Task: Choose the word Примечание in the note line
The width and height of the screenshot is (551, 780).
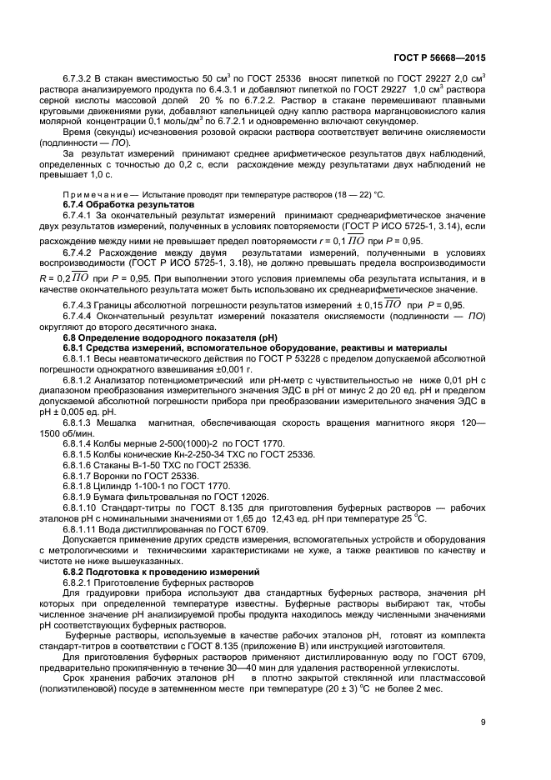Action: coord(87,194)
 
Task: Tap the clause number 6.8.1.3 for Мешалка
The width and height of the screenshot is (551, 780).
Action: coord(82,422)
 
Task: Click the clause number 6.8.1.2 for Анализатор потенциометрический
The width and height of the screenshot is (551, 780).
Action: coord(82,381)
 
